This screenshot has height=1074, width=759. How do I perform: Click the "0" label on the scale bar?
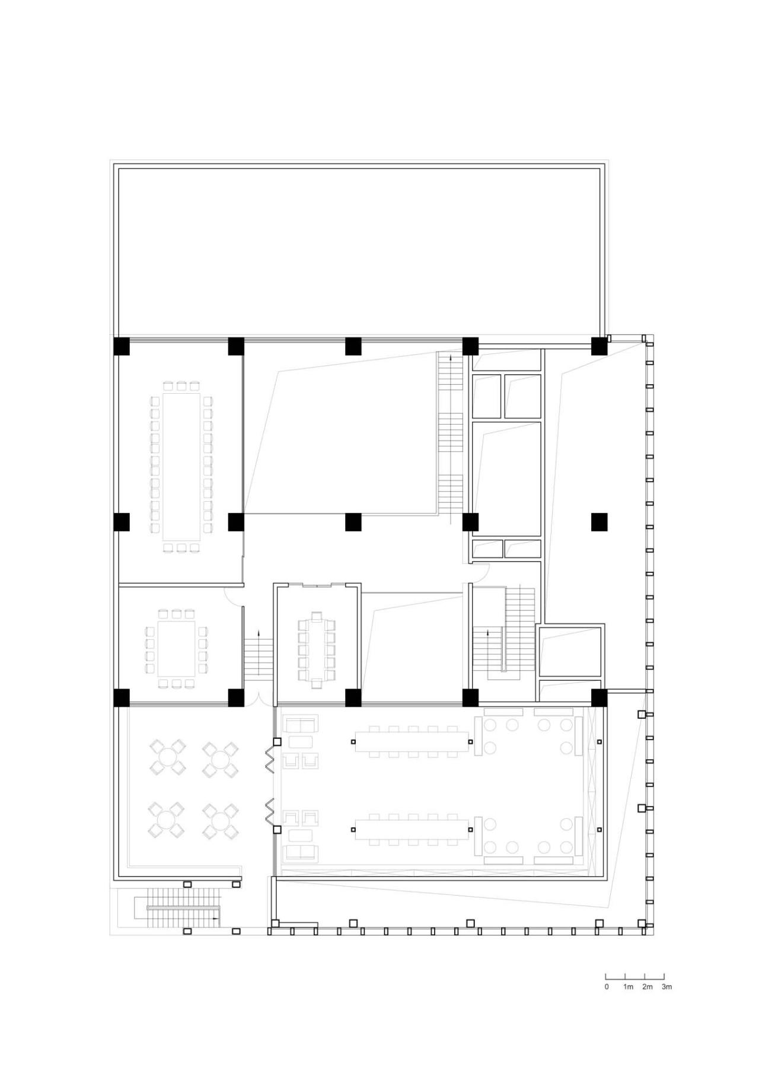coord(607,987)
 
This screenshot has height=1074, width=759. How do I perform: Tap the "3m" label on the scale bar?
coord(666,987)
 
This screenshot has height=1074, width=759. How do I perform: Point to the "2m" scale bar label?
coord(647,987)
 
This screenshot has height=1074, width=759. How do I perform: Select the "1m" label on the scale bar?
coord(628,987)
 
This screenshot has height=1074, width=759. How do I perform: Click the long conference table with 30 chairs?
coord(181,466)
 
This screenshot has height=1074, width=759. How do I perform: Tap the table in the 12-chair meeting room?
coord(317,649)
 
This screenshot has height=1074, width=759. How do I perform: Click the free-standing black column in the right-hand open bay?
coord(599,522)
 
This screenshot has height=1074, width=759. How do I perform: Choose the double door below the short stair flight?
coord(257,700)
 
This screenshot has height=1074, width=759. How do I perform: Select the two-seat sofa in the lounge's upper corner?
coord(301,724)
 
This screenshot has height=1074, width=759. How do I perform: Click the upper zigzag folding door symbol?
coord(269,758)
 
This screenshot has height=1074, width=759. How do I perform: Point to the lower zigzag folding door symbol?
coord(269,811)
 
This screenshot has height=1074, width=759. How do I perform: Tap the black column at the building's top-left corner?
coord(122,346)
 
